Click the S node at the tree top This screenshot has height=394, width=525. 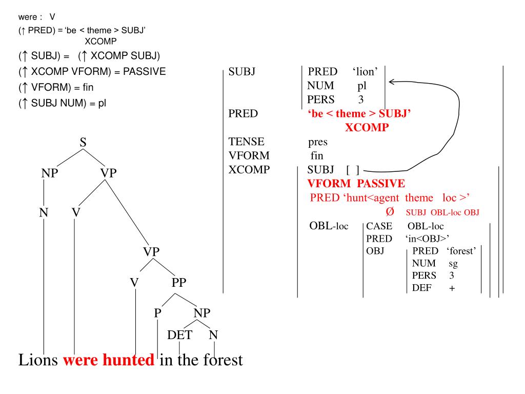[83, 142]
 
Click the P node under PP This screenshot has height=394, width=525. [158, 312]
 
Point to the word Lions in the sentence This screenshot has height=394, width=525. [38, 360]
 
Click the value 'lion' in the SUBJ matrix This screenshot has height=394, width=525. [365, 72]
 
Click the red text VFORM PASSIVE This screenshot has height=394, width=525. [356, 183]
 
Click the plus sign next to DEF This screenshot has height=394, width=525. [452, 288]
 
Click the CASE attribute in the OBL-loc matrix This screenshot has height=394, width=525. [379, 226]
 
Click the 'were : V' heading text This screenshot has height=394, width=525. [36, 17]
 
